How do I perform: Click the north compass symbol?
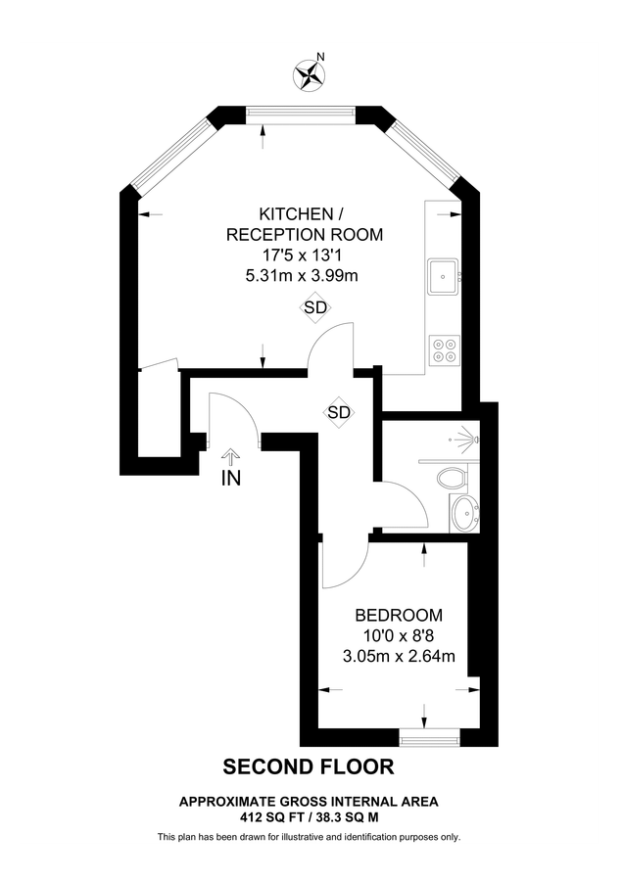pos(311,74)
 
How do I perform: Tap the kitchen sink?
pos(443,275)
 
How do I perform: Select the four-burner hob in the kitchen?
pos(443,349)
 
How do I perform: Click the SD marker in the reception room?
pos(314,307)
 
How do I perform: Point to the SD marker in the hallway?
pos(338,412)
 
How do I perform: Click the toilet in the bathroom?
pos(454,479)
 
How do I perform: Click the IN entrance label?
pos(231,479)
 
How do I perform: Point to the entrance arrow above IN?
pos(231,456)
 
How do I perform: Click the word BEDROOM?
pos(398,616)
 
